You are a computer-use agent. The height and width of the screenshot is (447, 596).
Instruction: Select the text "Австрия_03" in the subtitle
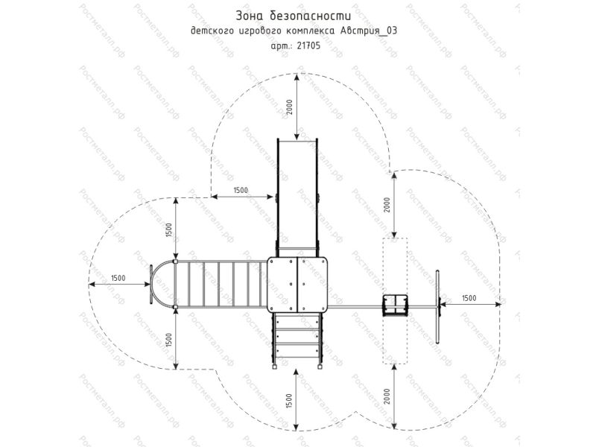pyautogui.click(x=367, y=31)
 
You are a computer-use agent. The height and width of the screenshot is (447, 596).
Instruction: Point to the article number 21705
pyautogui.click(x=308, y=46)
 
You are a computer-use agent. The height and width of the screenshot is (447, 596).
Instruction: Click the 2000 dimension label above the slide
pyautogui.click(x=290, y=107)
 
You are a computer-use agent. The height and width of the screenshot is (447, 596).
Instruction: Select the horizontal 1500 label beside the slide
pyautogui.click(x=241, y=190)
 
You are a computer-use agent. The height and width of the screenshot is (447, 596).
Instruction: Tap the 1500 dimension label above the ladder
pyautogui.click(x=169, y=230)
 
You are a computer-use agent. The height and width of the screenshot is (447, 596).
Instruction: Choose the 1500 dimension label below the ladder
pyautogui.click(x=169, y=340)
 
